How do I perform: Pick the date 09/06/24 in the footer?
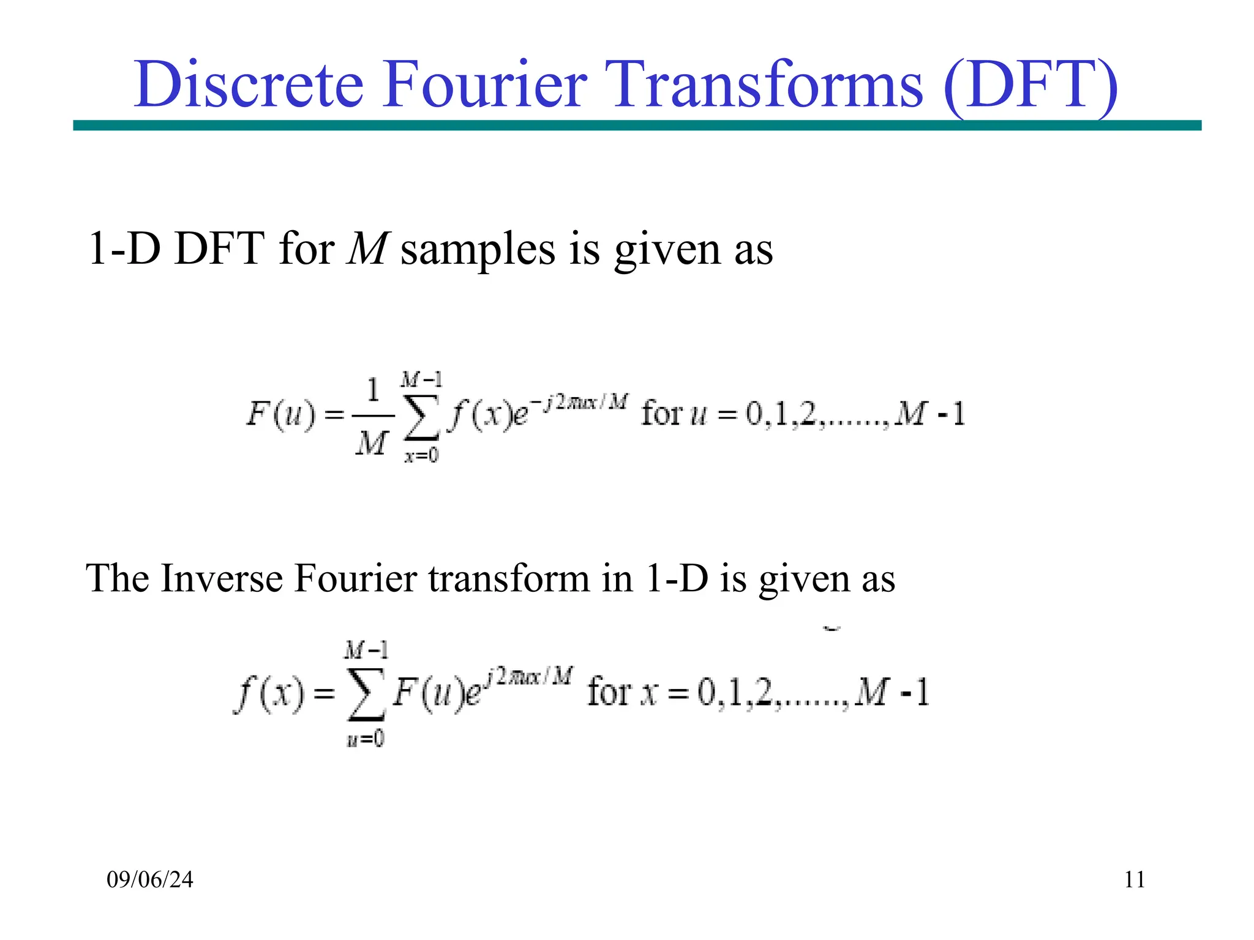[x=150, y=879]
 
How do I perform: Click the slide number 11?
[x=1135, y=879]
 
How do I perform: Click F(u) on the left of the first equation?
[x=280, y=414]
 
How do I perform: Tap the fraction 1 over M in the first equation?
[x=372, y=416]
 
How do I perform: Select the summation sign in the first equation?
[x=422, y=417]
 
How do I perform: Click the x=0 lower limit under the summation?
[x=421, y=455]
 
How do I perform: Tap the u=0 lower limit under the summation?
[x=366, y=739]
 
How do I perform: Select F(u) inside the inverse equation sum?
[x=423, y=694]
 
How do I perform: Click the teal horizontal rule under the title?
[x=637, y=125]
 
